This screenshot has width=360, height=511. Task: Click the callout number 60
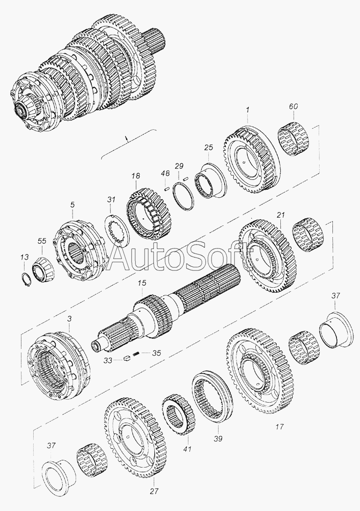293,107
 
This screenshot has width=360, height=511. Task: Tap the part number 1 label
248,110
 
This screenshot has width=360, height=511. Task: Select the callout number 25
208,148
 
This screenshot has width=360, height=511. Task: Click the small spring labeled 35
137,353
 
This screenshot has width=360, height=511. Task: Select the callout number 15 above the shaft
142,283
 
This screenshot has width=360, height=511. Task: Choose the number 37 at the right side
335,295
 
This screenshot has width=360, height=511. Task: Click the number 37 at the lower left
51,445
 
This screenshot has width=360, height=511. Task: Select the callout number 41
187,449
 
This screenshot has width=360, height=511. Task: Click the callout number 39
218,438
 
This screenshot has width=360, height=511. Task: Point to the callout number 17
279,426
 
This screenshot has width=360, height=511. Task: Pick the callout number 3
69,318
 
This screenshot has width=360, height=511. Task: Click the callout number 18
136,176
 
